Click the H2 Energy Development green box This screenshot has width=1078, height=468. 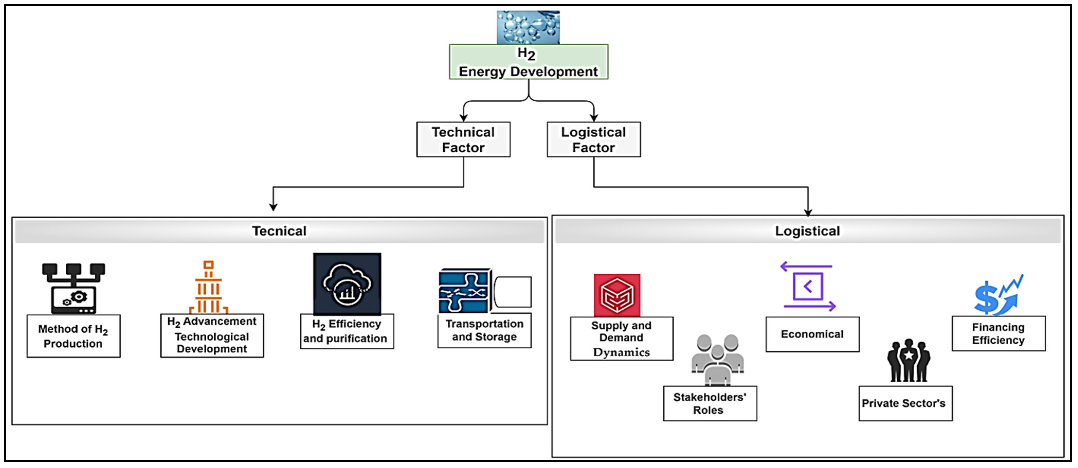tap(528, 62)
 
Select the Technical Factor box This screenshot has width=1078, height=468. tap(463, 139)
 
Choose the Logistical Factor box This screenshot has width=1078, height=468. tap(593, 139)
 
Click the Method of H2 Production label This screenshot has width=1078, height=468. tap(73, 336)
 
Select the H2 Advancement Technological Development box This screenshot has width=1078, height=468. tap(212, 335)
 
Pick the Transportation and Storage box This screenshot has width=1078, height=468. tap(484, 330)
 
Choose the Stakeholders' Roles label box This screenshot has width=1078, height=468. tap(710, 403)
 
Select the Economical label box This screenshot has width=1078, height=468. tap(812, 334)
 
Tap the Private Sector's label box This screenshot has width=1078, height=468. tap(905, 403)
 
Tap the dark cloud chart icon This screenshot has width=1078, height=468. tap(347, 283)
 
